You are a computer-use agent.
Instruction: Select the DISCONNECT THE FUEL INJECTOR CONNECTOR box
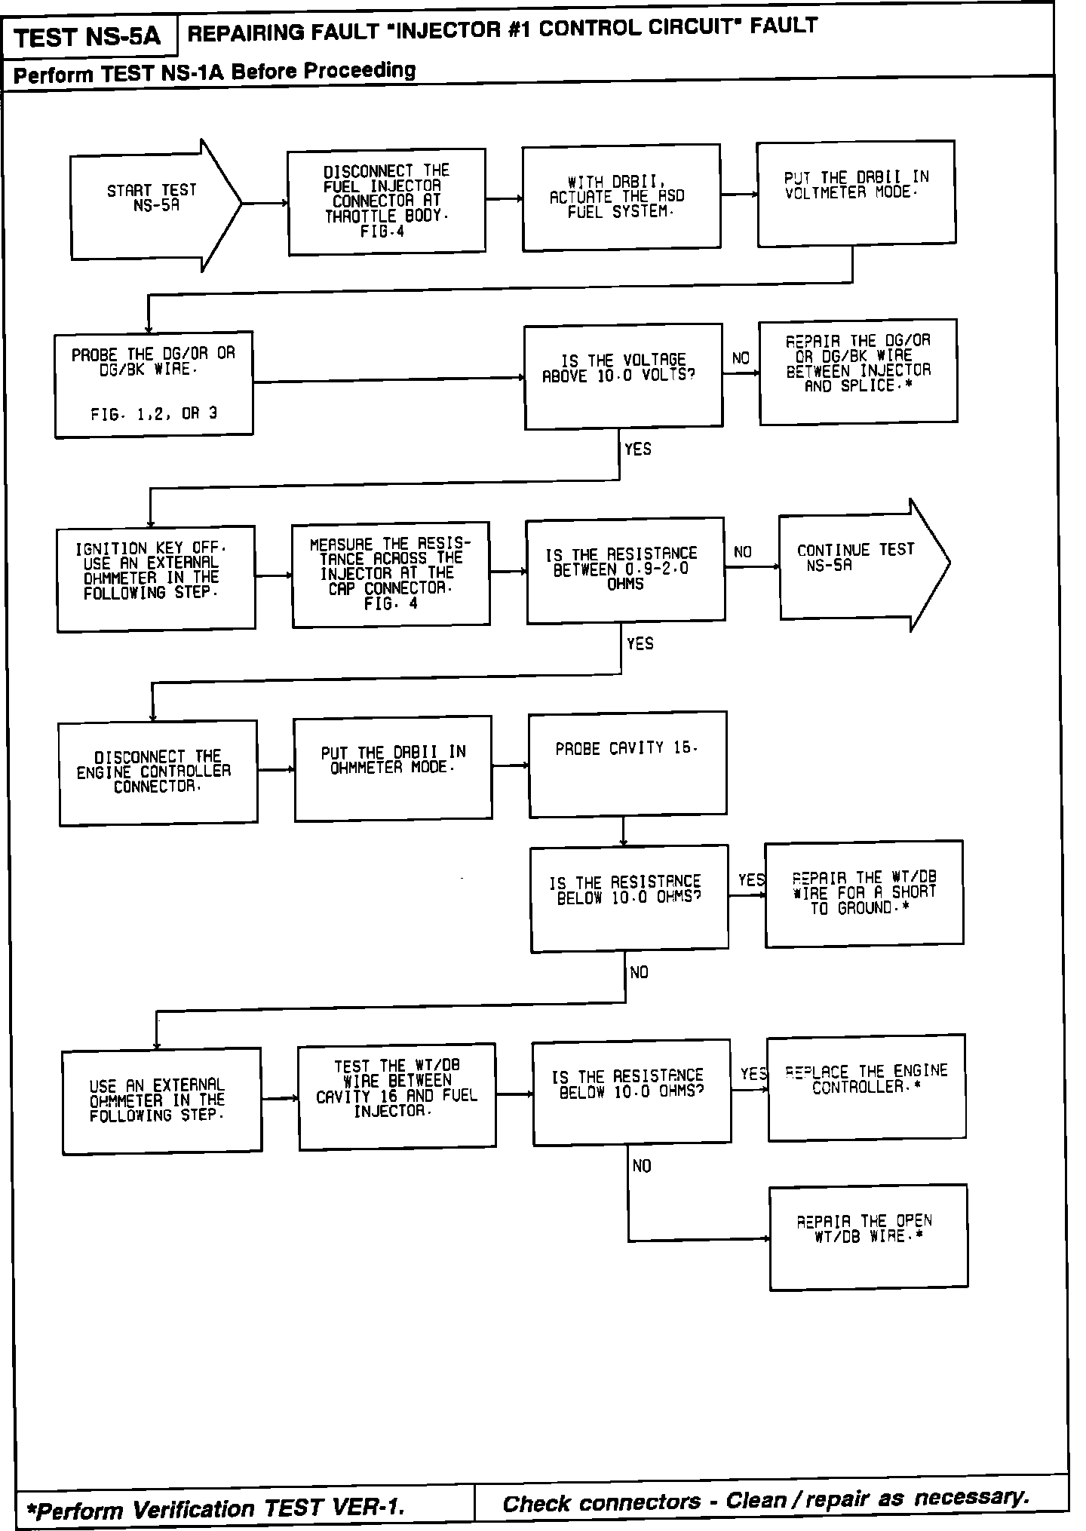[x=387, y=201]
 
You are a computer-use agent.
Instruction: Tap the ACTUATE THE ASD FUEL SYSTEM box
[x=621, y=198]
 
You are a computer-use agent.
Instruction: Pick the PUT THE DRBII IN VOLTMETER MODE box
[x=856, y=193]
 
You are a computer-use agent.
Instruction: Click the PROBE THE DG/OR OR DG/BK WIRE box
[x=154, y=384]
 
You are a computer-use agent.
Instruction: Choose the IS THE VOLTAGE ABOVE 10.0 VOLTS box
[x=623, y=376]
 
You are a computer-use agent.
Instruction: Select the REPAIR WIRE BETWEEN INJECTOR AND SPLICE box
[x=858, y=371]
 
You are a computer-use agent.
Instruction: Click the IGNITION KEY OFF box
[x=156, y=578]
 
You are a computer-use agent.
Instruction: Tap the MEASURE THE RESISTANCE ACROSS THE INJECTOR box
[x=391, y=574]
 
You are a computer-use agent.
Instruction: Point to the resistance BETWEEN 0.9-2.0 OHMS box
[x=625, y=570]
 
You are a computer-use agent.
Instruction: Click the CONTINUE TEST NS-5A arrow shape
[x=860, y=564]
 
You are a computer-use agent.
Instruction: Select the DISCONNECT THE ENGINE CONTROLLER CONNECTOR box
[x=158, y=772]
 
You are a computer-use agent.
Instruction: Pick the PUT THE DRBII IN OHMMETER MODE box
[x=393, y=768]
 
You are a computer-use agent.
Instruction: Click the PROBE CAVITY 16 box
[x=627, y=763]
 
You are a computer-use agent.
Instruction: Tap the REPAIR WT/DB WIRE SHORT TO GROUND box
[x=864, y=893]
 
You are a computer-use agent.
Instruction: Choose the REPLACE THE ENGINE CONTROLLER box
[x=867, y=1087]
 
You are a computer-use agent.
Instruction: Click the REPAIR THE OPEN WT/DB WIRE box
[x=868, y=1238]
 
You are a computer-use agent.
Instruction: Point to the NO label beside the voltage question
[x=741, y=358]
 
